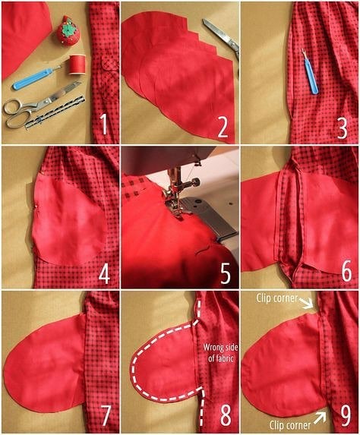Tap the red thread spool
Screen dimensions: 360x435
(77, 65)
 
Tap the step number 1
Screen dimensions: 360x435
(103, 125)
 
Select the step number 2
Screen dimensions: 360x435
(223, 127)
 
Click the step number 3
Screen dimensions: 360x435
(342, 128)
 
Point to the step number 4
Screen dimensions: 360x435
(104, 273)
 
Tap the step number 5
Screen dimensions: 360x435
(225, 273)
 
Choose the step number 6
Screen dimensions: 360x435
(346, 271)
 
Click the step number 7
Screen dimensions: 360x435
(106, 415)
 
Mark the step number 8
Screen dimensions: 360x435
(225, 415)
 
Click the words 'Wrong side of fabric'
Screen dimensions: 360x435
(220, 352)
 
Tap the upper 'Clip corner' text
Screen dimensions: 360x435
(276, 298)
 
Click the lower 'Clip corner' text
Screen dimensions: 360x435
(290, 425)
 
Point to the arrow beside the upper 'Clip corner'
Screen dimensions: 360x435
(306, 303)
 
